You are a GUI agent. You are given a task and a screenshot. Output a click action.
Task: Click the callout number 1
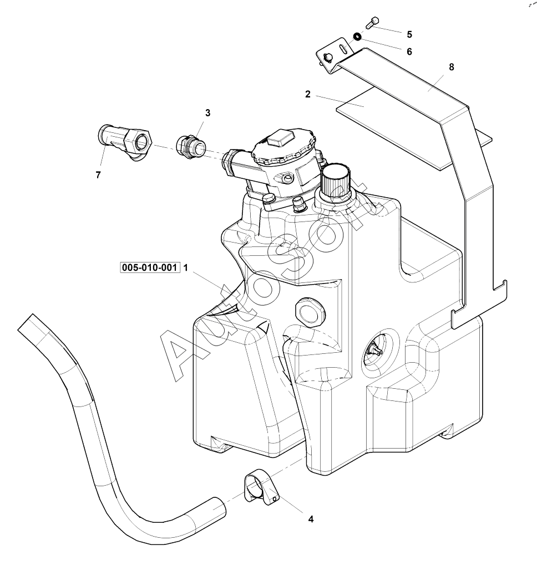(x=186, y=268)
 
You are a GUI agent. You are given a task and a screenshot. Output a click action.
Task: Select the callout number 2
(x=308, y=94)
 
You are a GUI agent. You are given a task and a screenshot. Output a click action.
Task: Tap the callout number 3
(x=208, y=113)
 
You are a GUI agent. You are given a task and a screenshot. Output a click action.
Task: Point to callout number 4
(x=311, y=519)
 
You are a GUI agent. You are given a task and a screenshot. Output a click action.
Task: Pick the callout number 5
(x=409, y=34)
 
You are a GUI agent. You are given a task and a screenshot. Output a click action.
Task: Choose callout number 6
(x=409, y=52)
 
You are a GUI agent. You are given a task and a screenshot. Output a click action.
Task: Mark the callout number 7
(x=98, y=176)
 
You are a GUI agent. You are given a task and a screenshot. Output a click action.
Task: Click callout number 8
(x=451, y=67)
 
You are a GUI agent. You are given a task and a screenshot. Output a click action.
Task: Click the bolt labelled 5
(x=372, y=22)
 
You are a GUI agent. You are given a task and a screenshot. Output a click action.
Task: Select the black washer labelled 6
(x=358, y=37)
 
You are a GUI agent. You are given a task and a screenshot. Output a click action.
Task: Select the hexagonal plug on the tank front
(x=308, y=311)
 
